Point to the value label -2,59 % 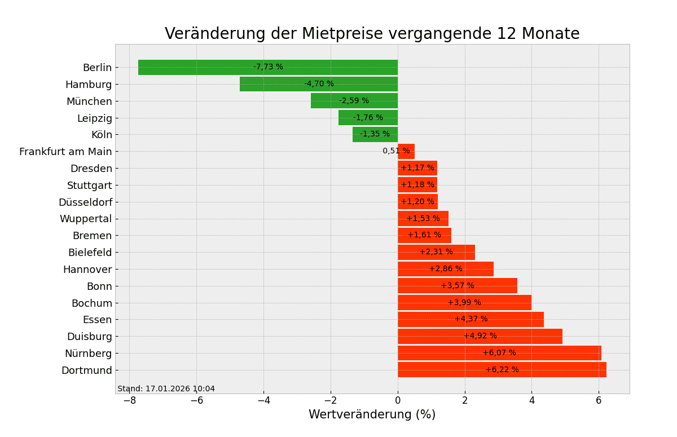tap(354, 101)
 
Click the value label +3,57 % tap(458, 286)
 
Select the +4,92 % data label tap(480, 336)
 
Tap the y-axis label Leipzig tap(94, 118)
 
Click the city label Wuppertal tap(86, 219)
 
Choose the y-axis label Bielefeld tap(90, 253)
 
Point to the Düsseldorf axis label tap(85, 202)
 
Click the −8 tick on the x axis tap(130, 400)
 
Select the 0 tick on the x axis tap(398, 400)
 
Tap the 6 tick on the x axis tap(599, 400)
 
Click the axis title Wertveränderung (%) tap(372, 415)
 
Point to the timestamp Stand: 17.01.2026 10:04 tap(166, 389)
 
